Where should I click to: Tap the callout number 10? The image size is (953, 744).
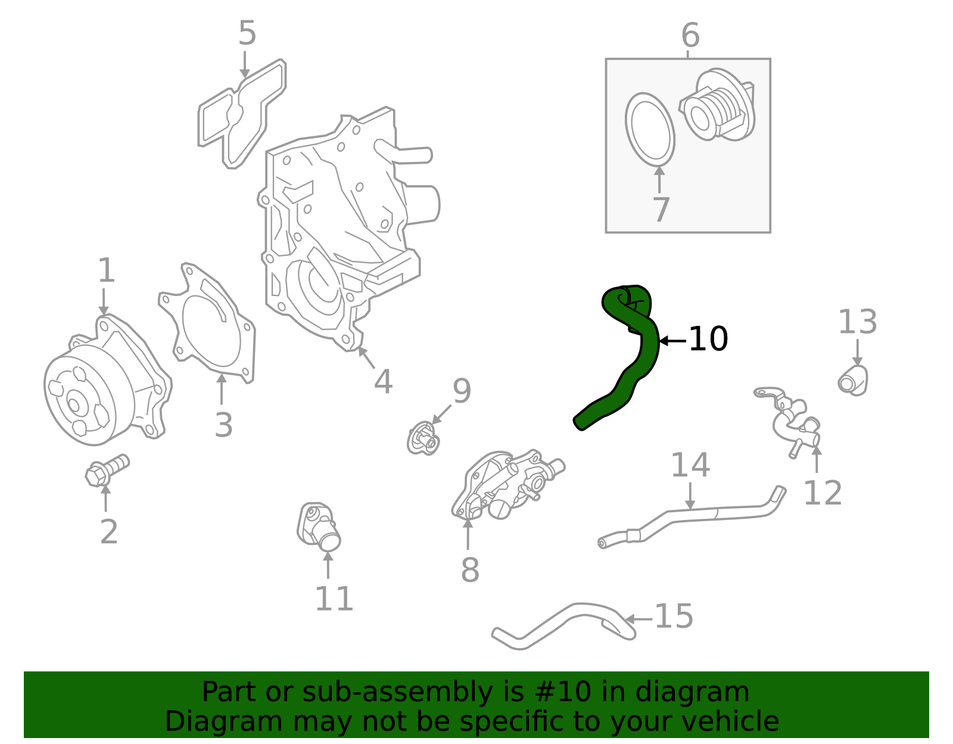[708, 340]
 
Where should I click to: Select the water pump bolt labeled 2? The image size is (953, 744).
[107, 470]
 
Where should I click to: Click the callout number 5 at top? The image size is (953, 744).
[247, 33]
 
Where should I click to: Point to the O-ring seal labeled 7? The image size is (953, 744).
[650, 129]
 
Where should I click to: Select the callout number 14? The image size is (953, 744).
[690, 465]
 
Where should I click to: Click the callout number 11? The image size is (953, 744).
[334, 599]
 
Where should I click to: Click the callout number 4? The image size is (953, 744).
[383, 382]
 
